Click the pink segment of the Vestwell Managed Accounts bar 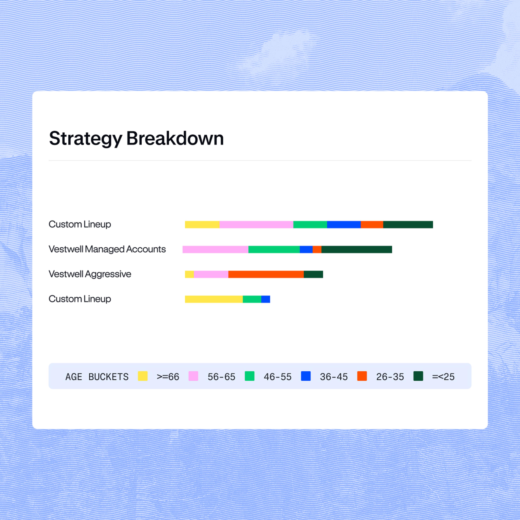(x=215, y=249)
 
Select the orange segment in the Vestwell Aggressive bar (x=266, y=274)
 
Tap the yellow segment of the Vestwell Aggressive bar (x=189, y=274)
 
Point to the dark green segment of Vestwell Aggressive (x=313, y=274)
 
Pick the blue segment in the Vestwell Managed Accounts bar (x=306, y=249)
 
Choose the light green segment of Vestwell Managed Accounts (x=274, y=249)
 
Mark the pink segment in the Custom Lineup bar (x=256, y=224)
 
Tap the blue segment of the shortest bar (x=265, y=299)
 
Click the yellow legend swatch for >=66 (x=143, y=376)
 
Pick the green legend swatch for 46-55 (x=249, y=376)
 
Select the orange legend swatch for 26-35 (x=362, y=376)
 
